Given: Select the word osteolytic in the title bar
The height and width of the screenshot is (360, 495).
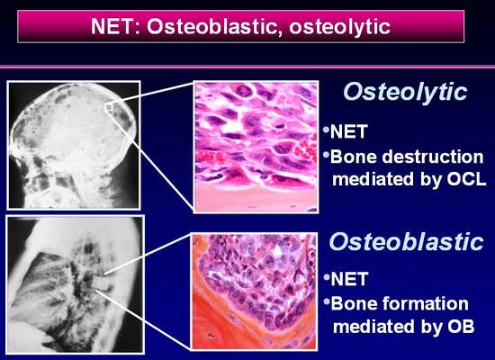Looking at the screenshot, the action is pos(340,27).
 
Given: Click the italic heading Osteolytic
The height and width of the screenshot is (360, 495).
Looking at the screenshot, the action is pos(405,93).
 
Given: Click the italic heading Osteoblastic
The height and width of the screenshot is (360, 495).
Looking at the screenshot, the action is pos(407,241).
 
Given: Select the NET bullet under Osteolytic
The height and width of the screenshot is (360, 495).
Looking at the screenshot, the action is pos(348,131).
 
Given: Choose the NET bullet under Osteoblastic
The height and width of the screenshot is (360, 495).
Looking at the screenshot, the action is pos(349,279).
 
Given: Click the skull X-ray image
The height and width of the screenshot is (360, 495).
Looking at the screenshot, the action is pos(74,145).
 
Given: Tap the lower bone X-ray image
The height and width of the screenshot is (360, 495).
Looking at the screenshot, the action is pos(76,284).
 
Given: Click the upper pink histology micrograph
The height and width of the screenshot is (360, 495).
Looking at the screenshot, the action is pos(256,147).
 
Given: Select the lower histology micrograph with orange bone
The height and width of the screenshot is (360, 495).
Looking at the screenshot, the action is pos(255,292).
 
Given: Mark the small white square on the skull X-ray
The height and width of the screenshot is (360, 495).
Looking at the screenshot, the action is pos(108,107).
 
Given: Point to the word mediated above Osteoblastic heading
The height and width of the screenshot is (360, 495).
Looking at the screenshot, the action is pos(373,179).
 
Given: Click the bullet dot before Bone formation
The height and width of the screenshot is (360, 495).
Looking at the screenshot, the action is pos(327,301).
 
